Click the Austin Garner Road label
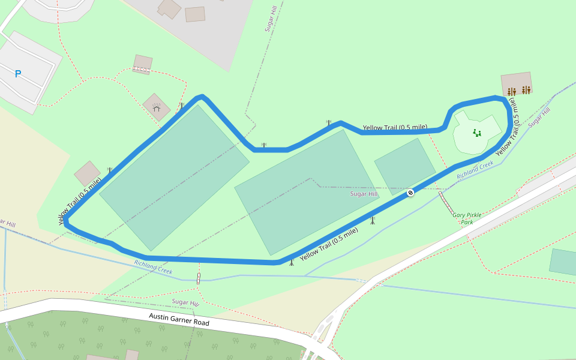179,319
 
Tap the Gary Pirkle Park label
467,218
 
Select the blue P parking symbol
18,74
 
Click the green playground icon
477,133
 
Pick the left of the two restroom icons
511,91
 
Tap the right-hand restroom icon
526,90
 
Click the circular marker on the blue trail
410,193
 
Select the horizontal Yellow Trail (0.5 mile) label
395,127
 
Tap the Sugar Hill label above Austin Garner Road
185,302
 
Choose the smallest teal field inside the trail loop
405,166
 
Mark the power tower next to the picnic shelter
181,106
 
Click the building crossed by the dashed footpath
142,64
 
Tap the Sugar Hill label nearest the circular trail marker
364,194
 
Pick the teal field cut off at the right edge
563,262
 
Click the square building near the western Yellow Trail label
88,173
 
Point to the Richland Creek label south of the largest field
153,267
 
